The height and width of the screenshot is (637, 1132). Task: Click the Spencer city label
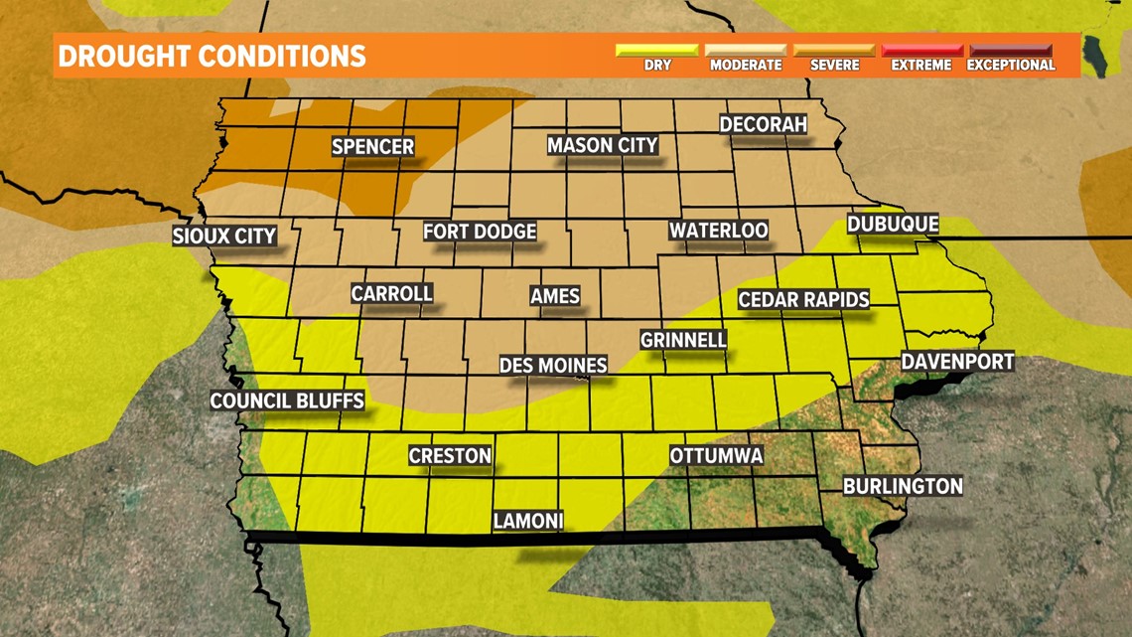click(372, 147)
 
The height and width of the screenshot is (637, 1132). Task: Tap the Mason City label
click(603, 145)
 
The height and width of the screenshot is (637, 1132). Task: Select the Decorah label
click(763, 125)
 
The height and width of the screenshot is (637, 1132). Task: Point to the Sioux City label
click(224, 237)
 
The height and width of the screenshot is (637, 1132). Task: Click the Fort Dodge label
click(480, 232)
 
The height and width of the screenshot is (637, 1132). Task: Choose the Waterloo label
click(718, 231)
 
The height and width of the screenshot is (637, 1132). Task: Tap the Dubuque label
click(892, 225)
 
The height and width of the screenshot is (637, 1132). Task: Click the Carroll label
click(391, 294)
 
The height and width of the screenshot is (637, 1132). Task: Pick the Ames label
click(554, 296)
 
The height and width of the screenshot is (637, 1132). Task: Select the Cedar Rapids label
click(803, 300)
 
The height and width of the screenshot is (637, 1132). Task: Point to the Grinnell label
click(683, 340)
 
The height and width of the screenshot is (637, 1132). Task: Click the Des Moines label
click(553, 366)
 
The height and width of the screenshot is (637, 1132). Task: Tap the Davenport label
click(957, 362)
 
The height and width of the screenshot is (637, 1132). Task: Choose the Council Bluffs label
click(287, 401)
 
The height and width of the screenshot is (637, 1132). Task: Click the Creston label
click(450, 456)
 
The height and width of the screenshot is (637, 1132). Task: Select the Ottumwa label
click(716, 456)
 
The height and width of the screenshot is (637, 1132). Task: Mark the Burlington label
click(903, 486)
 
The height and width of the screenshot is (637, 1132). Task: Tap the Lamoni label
click(528, 521)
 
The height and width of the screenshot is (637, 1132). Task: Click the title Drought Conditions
click(212, 56)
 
